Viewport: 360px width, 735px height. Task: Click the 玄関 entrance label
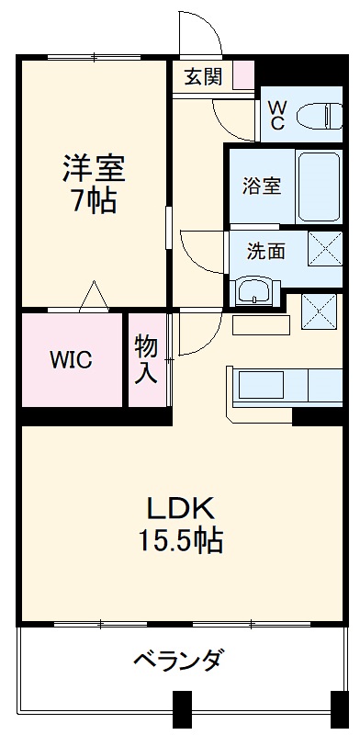point(203,76)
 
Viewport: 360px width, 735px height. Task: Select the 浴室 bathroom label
point(261,185)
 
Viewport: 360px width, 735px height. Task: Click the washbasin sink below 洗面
point(253,293)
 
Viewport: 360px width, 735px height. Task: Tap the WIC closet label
point(71,359)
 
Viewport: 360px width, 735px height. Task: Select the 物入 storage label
point(147,359)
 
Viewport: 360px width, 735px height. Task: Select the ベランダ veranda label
point(178,660)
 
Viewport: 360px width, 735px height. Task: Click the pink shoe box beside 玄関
point(242,75)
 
